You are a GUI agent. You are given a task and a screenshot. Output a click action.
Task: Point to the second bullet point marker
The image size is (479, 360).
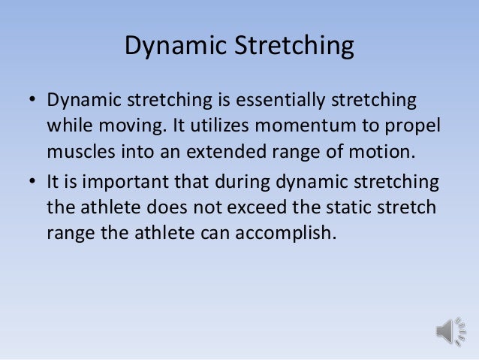pyautogui.click(x=32, y=181)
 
